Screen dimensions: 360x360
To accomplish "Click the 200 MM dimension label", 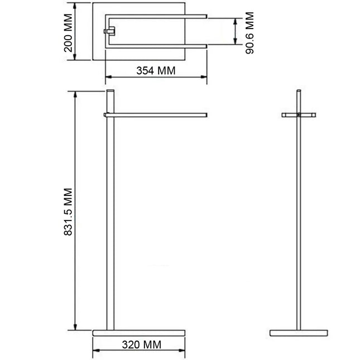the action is [x=68, y=33].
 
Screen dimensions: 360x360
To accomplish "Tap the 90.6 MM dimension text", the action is [x=249, y=33].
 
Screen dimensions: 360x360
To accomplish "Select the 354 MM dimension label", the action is [x=156, y=70].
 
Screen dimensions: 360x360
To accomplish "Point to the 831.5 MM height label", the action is [x=68, y=212].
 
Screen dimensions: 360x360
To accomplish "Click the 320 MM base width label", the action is [x=141, y=344].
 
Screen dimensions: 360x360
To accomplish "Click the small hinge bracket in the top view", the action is [x=109, y=31].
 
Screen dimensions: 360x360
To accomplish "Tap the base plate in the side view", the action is [x=138, y=333].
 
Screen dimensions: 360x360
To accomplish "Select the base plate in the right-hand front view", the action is [x=299, y=333].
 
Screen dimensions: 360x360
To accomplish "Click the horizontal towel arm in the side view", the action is [x=155, y=115].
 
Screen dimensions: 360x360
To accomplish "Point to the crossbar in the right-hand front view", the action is [x=299, y=115].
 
